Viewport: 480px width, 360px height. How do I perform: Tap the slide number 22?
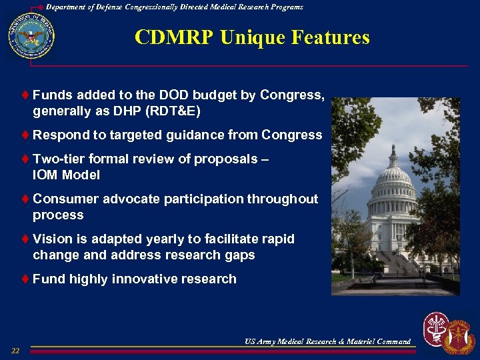15,351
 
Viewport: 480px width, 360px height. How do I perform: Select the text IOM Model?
67,175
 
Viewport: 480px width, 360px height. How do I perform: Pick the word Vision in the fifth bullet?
51,239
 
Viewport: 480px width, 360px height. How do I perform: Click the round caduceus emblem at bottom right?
437,329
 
